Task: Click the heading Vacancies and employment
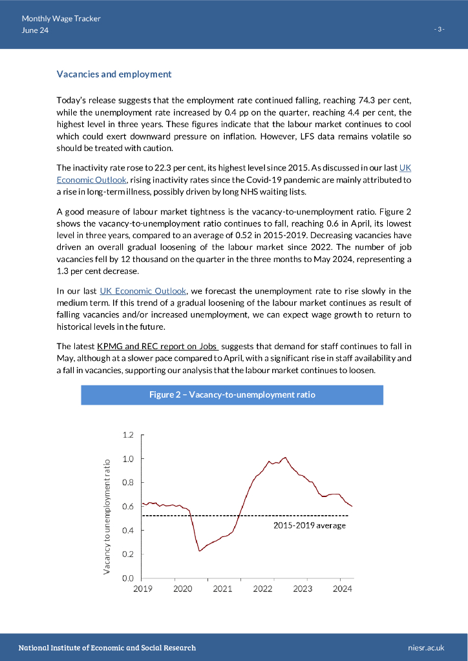tap(114, 74)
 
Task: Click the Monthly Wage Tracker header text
tap(61, 19)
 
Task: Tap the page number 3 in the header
tap(440, 30)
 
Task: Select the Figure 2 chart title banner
tap(232, 394)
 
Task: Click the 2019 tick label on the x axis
tap(142, 589)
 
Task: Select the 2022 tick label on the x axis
tap(262, 589)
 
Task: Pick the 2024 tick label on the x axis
tap(343, 589)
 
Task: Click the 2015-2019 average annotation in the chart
tap(308, 525)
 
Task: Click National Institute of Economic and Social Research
tap(107, 647)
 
